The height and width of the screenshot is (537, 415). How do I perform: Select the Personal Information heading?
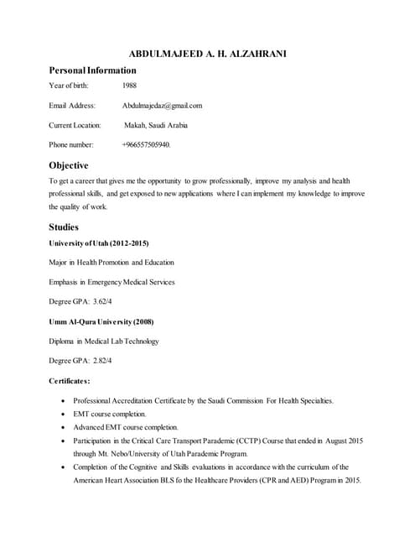click(x=92, y=70)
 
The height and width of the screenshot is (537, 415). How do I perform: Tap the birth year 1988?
click(x=129, y=86)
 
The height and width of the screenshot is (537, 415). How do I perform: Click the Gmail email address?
click(x=162, y=106)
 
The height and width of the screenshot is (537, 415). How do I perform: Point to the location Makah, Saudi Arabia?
click(x=156, y=125)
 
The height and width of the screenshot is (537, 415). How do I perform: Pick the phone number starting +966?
click(x=146, y=144)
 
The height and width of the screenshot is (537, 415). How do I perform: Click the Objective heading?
click(x=69, y=165)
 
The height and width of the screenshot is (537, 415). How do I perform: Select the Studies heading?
click(x=65, y=227)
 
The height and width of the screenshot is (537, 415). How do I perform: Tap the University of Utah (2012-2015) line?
click(x=99, y=243)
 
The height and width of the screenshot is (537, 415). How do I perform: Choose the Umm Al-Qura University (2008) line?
click(x=101, y=321)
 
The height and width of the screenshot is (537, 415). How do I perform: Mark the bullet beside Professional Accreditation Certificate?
click(x=65, y=401)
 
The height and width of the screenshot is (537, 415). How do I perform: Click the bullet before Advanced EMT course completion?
click(x=65, y=428)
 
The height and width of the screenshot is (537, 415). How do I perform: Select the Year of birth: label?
click(x=72, y=86)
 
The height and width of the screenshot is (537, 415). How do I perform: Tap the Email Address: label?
click(x=73, y=106)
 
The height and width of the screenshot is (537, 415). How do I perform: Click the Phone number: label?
click(x=71, y=144)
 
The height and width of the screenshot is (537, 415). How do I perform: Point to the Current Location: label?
click(x=75, y=125)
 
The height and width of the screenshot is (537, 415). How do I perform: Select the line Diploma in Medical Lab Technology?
click(x=104, y=341)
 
